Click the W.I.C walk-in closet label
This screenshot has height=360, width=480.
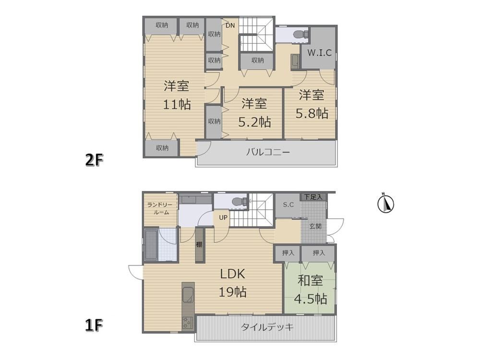point(319,53)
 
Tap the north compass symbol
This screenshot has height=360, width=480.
point(385,203)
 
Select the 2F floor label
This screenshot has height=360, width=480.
point(94,160)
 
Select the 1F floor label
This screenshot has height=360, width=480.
point(94,325)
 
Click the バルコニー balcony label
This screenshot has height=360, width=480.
point(268,152)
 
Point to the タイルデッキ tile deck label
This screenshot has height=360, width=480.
point(267,327)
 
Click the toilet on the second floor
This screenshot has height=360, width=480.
point(299,34)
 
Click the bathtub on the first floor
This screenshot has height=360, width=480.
point(151,245)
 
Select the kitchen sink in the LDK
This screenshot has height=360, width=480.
point(188,295)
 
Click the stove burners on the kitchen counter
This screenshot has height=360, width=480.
point(187,323)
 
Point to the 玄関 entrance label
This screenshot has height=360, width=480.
point(315,227)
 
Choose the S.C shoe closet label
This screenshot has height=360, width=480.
point(288,204)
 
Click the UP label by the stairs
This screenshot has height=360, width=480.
point(223,217)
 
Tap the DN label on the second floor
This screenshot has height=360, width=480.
point(230,25)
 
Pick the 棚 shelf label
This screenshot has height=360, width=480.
point(199,244)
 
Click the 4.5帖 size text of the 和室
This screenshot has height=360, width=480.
point(311,299)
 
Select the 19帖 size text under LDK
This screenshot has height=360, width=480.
point(233,292)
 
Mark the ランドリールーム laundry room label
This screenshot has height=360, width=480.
point(160,208)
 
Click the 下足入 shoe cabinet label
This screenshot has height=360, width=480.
point(313,197)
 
